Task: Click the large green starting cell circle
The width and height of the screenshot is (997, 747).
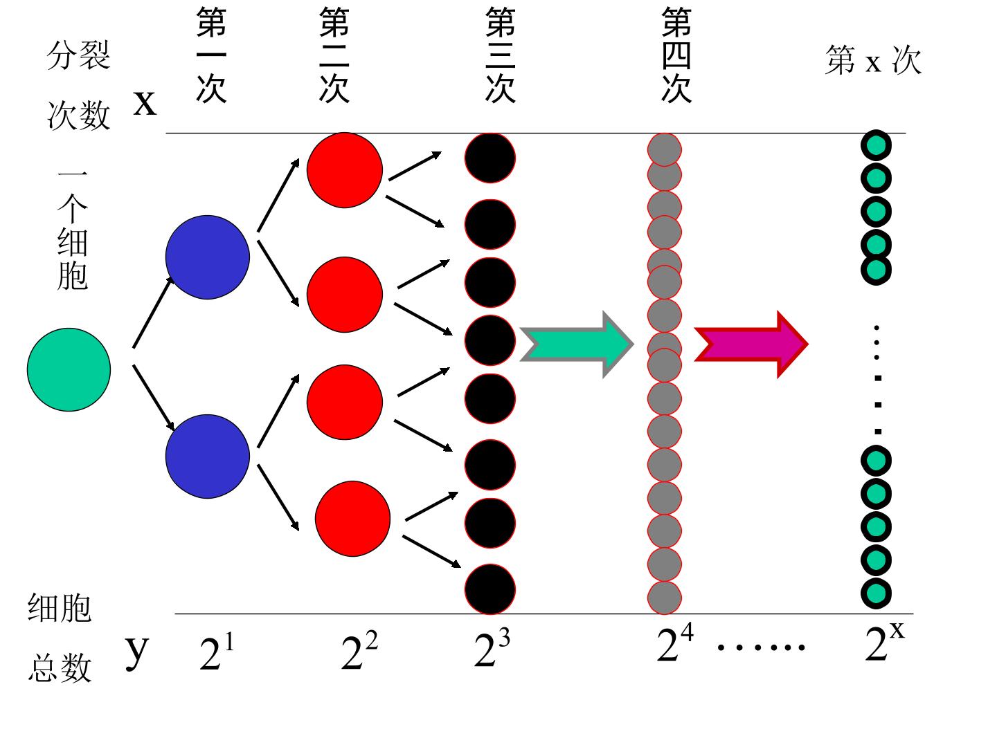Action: pyautogui.click(x=69, y=369)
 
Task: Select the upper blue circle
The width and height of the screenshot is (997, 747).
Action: pyautogui.click(x=208, y=257)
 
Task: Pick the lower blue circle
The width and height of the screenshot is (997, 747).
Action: pyautogui.click(x=208, y=456)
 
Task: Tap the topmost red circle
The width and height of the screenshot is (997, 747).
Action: pyautogui.click(x=345, y=170)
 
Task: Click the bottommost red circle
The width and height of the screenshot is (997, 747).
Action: pyautogui.click(x=352, y=519)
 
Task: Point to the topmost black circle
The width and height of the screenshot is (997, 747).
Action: pyautogui.click(x=490, y=158)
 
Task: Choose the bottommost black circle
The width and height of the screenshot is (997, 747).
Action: pyautogui.click(x=490, y=589)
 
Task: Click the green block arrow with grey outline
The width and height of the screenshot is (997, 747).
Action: pyautogui.click(x=577, y=344)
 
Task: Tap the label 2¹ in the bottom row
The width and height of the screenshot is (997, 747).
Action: pyautogui.click(x=217, y=652)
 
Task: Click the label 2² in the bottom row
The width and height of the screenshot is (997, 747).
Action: pyautogui.click(x=359, y=650)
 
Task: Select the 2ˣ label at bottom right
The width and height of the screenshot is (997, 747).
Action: pyautogui.click(x=884, y=641)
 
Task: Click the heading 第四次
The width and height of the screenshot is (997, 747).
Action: pyautogui.click(x=676, y=55)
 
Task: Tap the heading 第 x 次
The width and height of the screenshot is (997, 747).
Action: pyautogui.click(x=873, y=59)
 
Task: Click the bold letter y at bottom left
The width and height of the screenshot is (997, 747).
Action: pyautogui.click(x=136, y=652)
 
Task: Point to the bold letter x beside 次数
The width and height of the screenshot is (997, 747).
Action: pyautogui.click(x=145, y=104)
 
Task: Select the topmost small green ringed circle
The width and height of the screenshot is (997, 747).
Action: pyautogui.click(x=876, y=145)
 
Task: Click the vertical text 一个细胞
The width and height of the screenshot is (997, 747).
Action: pyautogui.click(x=72, y=230)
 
